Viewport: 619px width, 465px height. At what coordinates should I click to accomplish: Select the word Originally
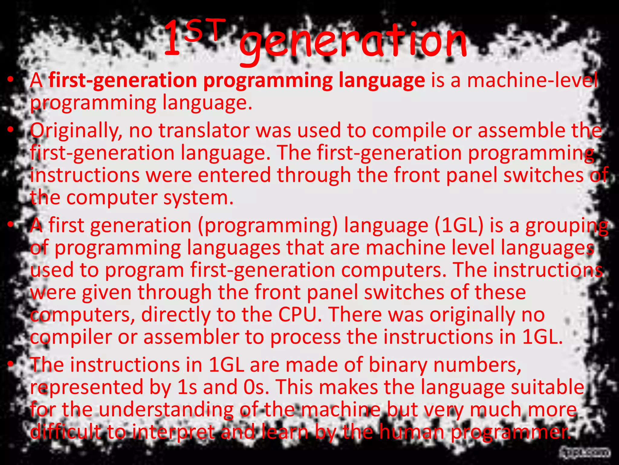(76, 131)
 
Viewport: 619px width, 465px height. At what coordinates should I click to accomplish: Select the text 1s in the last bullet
(186, 387)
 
